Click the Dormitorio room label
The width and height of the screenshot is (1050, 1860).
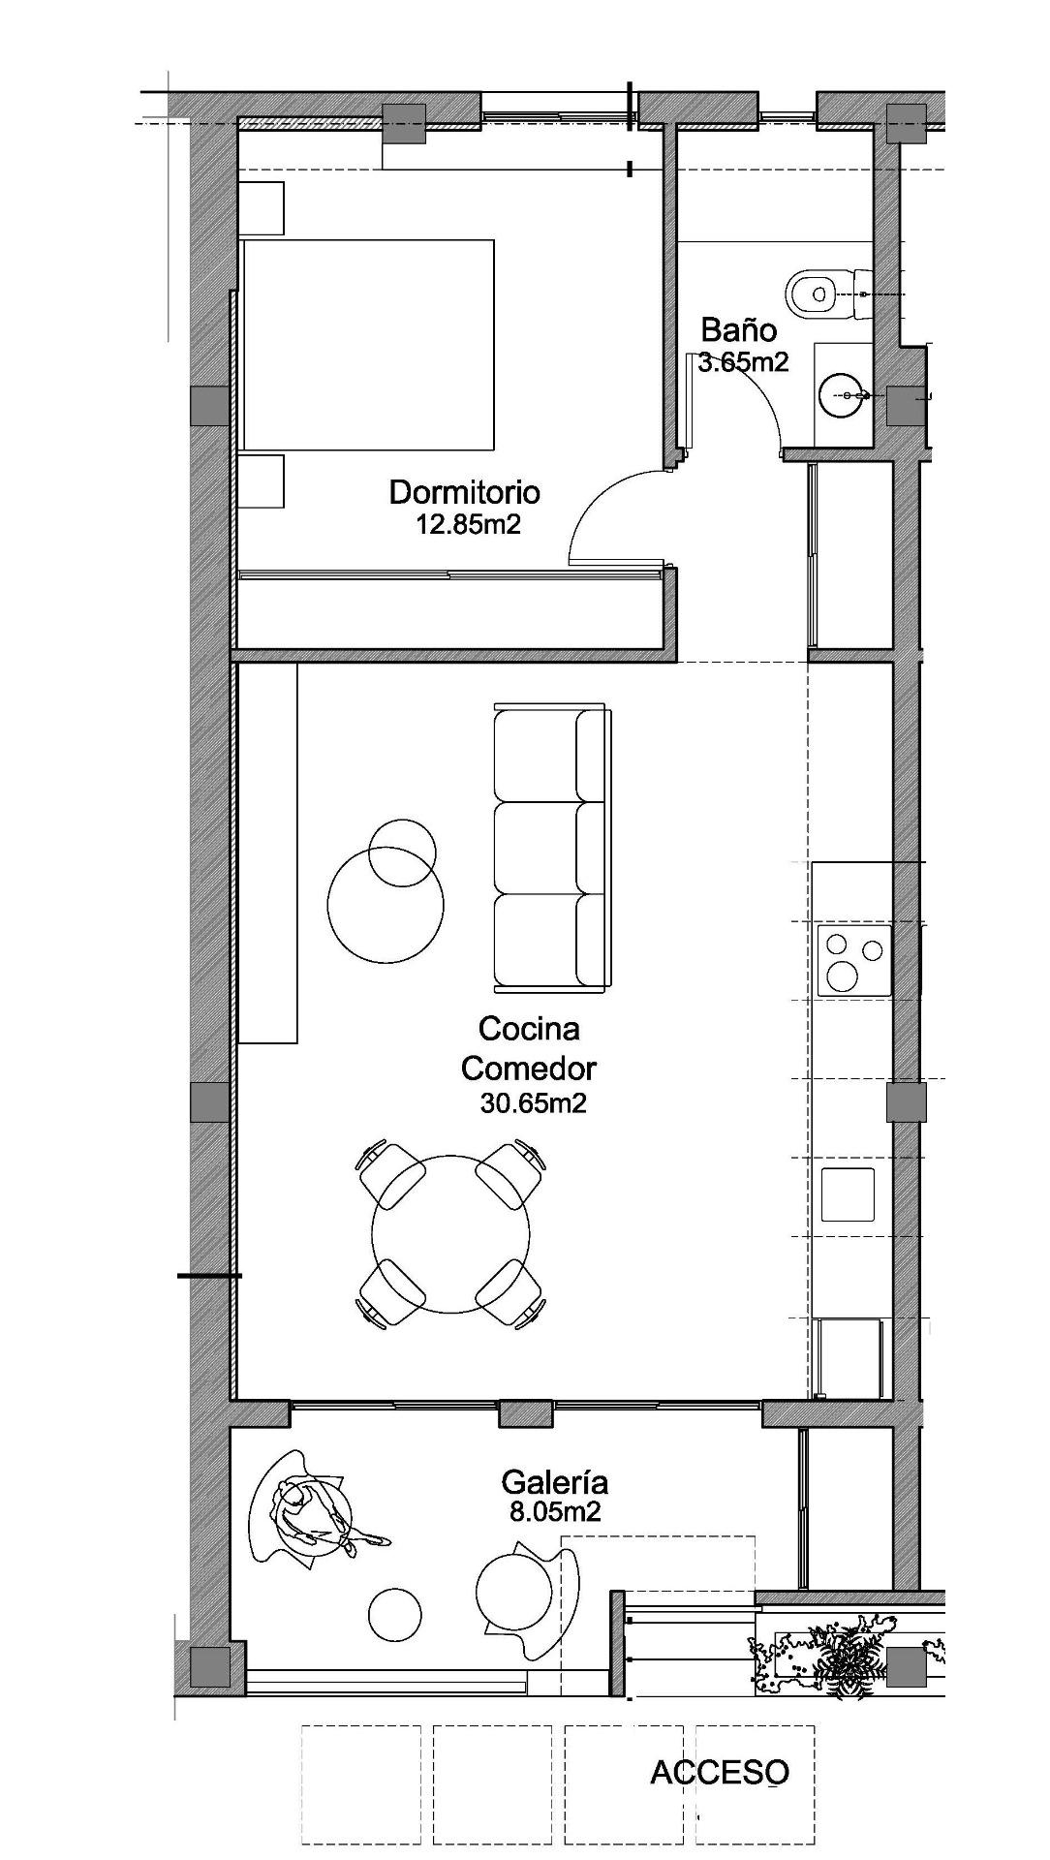464,492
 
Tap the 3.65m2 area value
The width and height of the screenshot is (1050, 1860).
743,362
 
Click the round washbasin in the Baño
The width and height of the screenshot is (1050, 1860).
840,395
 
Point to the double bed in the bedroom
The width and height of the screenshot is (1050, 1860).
368,345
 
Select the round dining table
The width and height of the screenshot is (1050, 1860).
450,1234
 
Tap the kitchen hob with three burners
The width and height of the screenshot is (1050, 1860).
853,961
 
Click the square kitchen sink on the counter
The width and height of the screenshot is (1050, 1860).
848,1194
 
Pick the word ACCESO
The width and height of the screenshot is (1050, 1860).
719,1772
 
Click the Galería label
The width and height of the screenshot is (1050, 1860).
554,1482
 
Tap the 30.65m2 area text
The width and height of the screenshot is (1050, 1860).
533,1103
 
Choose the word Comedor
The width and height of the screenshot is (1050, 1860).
528,1069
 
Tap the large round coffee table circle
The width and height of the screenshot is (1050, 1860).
386,904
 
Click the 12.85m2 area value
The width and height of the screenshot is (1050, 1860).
468,525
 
